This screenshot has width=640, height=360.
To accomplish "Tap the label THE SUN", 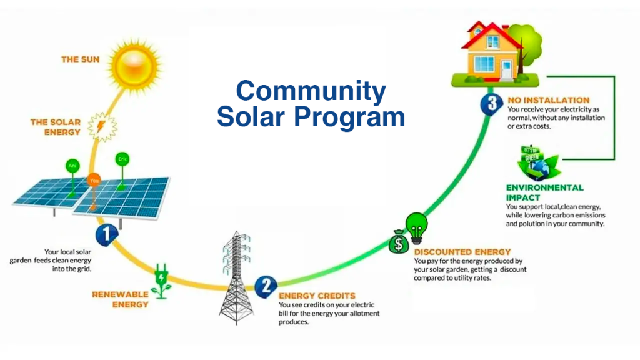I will [x=80, y=59].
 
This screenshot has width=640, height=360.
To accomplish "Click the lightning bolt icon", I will [x=101, y=126].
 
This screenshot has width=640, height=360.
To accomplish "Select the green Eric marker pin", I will [x=122, y=159].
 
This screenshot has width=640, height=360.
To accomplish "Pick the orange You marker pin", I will [x=94, y=179].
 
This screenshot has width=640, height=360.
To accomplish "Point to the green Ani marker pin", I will [x=72, y=165].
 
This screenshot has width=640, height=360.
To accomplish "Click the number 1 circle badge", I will [x=107, y=235].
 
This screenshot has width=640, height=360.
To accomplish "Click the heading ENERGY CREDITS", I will [x=317, y=296].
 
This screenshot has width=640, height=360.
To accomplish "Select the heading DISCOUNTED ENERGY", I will [x=462, y=252].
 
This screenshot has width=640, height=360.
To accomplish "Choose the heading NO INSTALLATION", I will [x=549, y=100].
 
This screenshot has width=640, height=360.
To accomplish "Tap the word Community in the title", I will [x=311, y=91].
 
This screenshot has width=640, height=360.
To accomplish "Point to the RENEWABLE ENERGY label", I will [x=121, y=299].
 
